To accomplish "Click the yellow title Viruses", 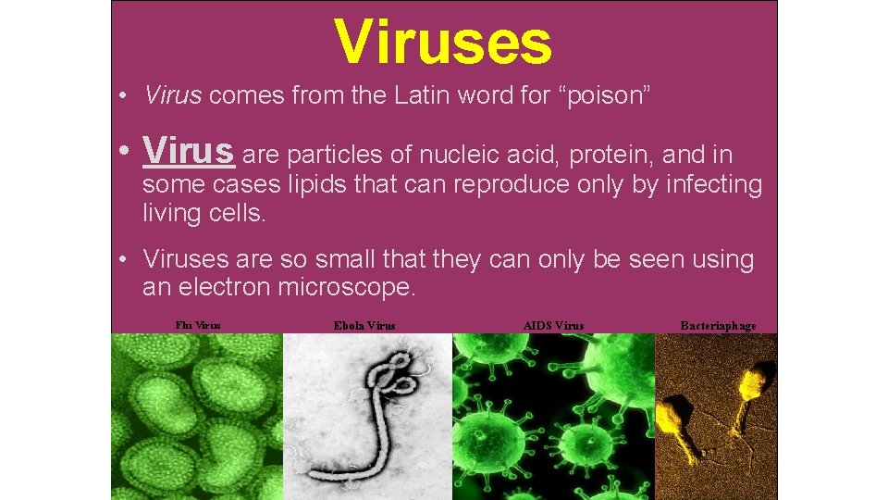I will point(443,43).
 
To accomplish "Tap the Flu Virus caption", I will point(198,324).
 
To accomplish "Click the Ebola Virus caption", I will point(364,325).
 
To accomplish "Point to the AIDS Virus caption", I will point(553,325).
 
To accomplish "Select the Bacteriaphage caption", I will point(718,325).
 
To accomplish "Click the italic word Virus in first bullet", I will point(172,94).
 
